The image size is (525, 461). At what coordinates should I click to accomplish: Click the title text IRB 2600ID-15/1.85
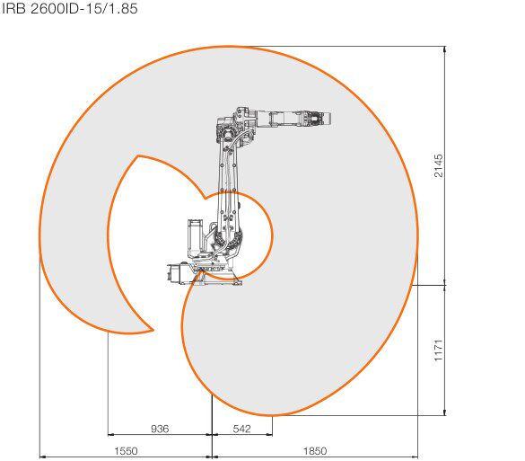pyautogui.click(x=70, y=9)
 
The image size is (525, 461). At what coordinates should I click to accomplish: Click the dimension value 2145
pyautogui.click(x=438, y=165)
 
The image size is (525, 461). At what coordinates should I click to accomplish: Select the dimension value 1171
pyautogui.click(x=438, y=350)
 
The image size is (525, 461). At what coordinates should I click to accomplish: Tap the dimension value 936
pyautogui.click(x=160, y=429)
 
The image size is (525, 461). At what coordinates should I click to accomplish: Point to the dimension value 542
pyautogui.click(x=241, y=429)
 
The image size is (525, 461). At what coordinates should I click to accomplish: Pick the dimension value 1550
pyautogui.click(x=126, y=451)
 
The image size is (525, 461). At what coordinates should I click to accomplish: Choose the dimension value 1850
pyautogui.click(x=315, y=451)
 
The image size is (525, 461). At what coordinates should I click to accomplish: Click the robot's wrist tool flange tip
pyautogui.click(x=330, y=120)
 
